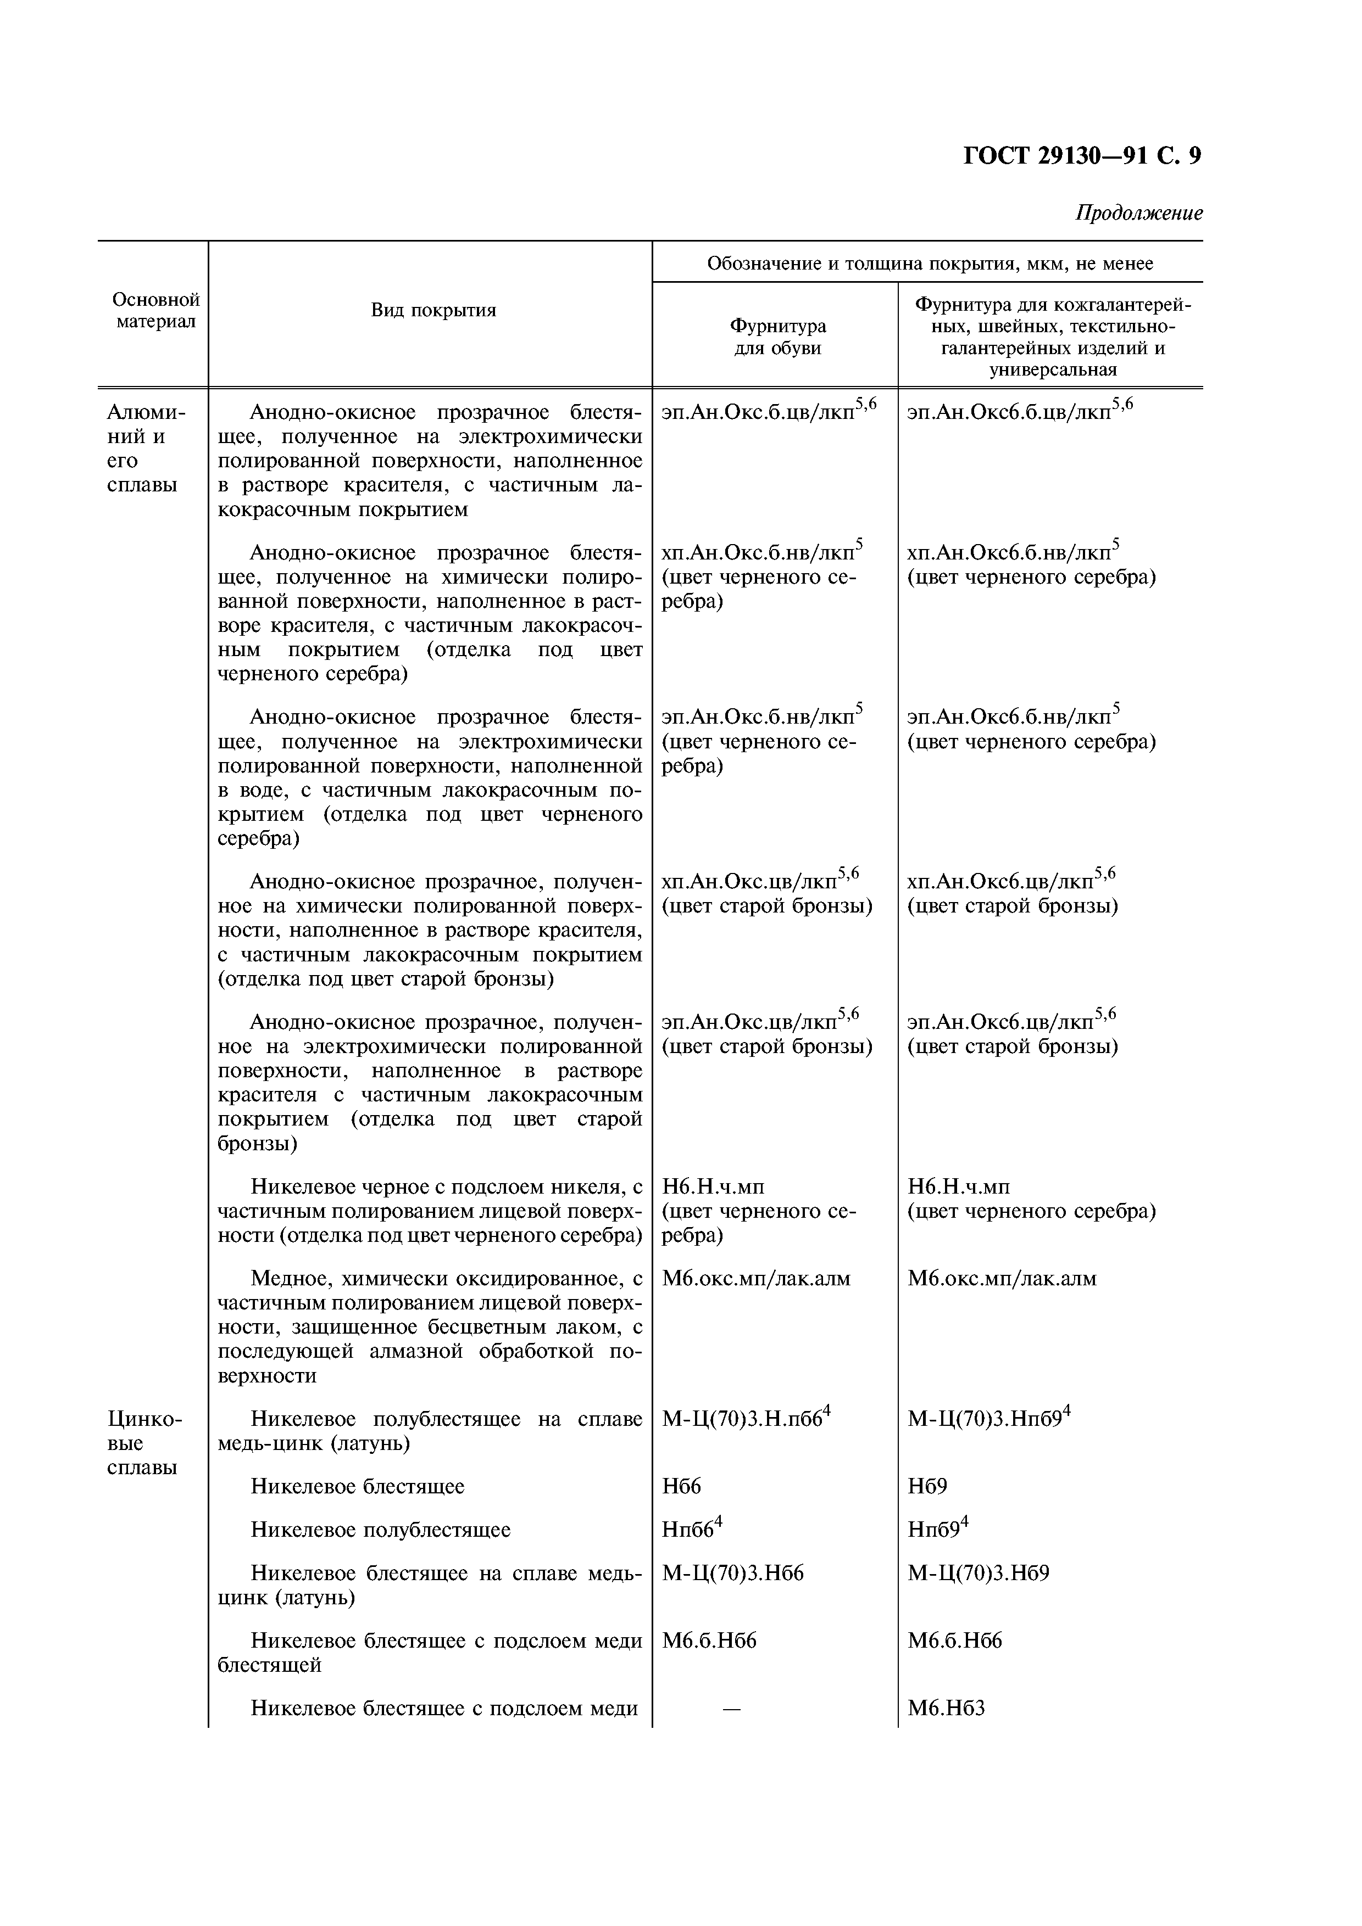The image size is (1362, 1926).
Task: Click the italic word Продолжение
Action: pyautogui.click(x=1139, y=213)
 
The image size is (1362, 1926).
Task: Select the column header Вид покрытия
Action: pyautogui.click(x=433, y=310)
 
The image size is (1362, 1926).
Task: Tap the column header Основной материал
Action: pyautogui.click(x=155, y=310)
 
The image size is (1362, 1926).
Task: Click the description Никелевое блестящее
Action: pyautogui.click(x=358, y=1486)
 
